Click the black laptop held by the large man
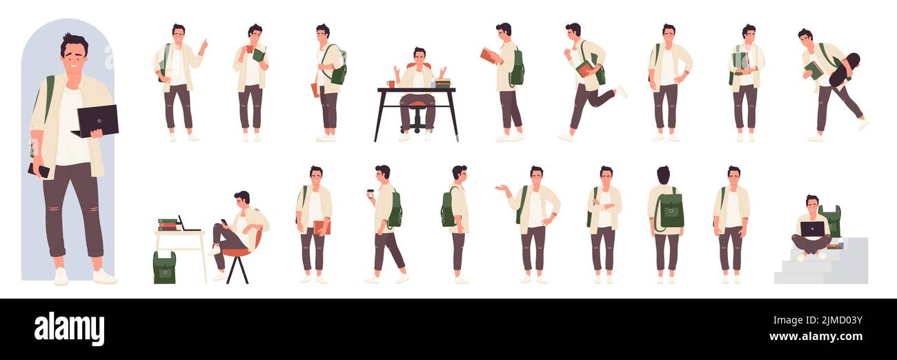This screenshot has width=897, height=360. (x=97, y=119)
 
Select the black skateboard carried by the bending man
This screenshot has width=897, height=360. (x=843, y=70)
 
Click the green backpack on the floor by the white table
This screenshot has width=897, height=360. (x=164, y=268)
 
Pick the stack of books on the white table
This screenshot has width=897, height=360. (x=167, y=225)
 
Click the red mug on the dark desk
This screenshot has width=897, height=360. (x=391, y=84)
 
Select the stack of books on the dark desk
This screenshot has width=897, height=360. (x=442, y=83)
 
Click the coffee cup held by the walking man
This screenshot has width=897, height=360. (x=370, y=194)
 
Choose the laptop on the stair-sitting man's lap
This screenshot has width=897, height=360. (x=812, y=228)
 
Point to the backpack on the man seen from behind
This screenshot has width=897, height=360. (x=669, y=210)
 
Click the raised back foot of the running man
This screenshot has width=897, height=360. (x=621, y=92)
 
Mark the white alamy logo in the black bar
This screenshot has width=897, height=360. (x=69, y=328)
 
